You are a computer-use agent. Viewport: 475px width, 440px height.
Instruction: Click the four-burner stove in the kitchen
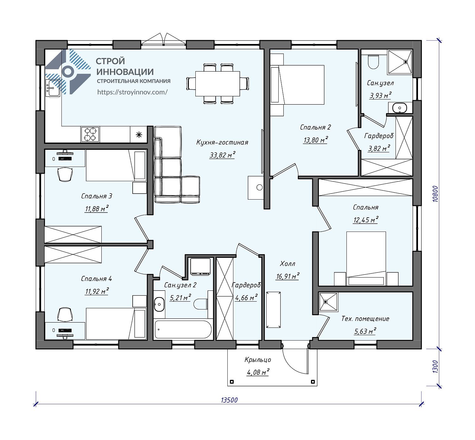tap(90, 134)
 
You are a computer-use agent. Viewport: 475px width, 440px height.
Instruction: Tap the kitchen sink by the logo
tap(53, 88)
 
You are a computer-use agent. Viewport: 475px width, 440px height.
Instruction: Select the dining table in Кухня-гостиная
tap(218, 84)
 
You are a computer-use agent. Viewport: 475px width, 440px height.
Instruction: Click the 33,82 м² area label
tap(222, 155)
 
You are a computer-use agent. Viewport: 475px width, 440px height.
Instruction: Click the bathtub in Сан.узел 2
tap(183, 329)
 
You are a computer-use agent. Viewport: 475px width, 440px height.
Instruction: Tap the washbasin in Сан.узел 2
tap(159, 304)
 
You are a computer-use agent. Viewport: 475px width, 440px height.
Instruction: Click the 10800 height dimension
tap(435, 194)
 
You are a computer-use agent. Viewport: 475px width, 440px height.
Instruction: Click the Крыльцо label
tap(257, 360)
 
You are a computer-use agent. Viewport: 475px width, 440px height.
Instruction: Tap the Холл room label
tap(287, 264)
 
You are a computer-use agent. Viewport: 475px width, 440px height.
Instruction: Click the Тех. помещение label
tap(365, 318)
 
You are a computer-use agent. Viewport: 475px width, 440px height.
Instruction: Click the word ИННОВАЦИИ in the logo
tap(125, 72)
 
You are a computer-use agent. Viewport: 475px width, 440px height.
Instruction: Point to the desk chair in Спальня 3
tap(65, 175)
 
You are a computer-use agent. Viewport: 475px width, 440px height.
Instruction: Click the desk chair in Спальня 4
tap(65, 314)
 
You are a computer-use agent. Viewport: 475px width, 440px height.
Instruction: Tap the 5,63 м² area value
tap(365, 331)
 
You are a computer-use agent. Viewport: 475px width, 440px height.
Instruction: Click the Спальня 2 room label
tap(315, 127)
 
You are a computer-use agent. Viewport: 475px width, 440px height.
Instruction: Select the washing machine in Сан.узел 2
tap(200, 267)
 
